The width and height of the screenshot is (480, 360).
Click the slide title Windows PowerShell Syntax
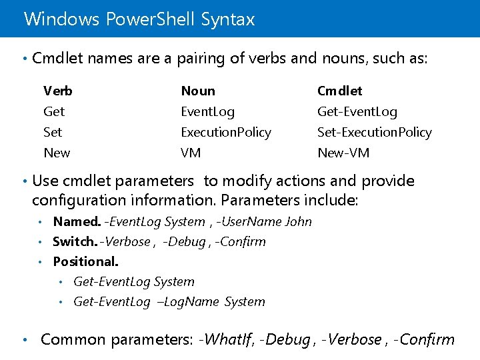pos(139,19)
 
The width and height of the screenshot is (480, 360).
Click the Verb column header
pos(58,91)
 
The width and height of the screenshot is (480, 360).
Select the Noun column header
pos(198,91)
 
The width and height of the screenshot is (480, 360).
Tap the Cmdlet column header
pos(340,91)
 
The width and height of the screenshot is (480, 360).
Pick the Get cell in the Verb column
pos(54,111)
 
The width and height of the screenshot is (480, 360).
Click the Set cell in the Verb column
pos(53,132)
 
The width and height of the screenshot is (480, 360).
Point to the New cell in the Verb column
pos(57,153)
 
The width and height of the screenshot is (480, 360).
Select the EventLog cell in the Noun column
pos(208,111)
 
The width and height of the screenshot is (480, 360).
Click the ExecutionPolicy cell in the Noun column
pos(226,132)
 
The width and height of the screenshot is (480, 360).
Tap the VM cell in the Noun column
pos(191,153)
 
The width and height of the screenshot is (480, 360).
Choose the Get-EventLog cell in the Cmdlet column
pos(357,111)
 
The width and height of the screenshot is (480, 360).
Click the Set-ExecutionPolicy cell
pos(375,132)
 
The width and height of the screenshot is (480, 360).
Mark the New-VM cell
pos(343,153)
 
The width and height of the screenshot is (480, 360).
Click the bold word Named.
pos(77,221)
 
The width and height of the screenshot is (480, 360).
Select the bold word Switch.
pos(75,241)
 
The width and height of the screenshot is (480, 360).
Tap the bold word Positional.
pos(85,261)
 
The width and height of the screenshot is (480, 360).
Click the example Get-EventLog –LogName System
pos(169,301)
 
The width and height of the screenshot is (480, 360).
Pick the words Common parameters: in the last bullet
pos(117,339)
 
